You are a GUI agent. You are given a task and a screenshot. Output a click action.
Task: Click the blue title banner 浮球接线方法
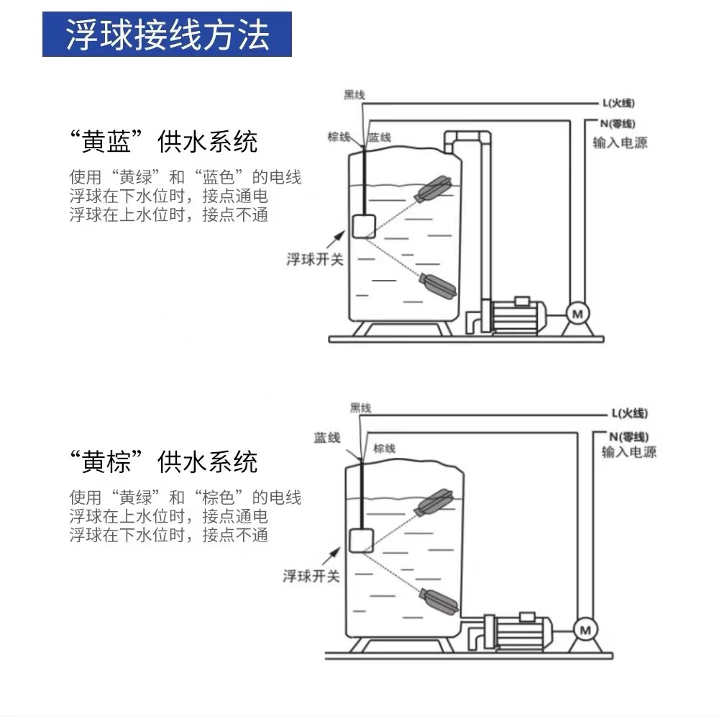coord(167,35)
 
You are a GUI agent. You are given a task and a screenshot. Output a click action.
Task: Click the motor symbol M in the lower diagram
coord(585,631)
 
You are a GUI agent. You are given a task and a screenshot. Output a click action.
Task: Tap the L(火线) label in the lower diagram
coord(629,414)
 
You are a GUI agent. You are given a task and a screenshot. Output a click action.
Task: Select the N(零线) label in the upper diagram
coord(618,124)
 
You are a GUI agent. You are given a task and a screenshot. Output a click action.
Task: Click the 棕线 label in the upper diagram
coord(339,137)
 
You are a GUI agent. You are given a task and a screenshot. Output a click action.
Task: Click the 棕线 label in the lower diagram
coord(385,448)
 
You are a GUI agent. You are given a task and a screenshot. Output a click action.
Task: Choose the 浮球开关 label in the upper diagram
coord(315,259)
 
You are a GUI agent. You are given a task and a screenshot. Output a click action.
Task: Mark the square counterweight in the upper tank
coord(363,225)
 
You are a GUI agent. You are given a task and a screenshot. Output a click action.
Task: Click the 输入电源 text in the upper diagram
coord(620,143)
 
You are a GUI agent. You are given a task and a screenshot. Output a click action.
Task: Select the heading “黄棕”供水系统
coord(164,461)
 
